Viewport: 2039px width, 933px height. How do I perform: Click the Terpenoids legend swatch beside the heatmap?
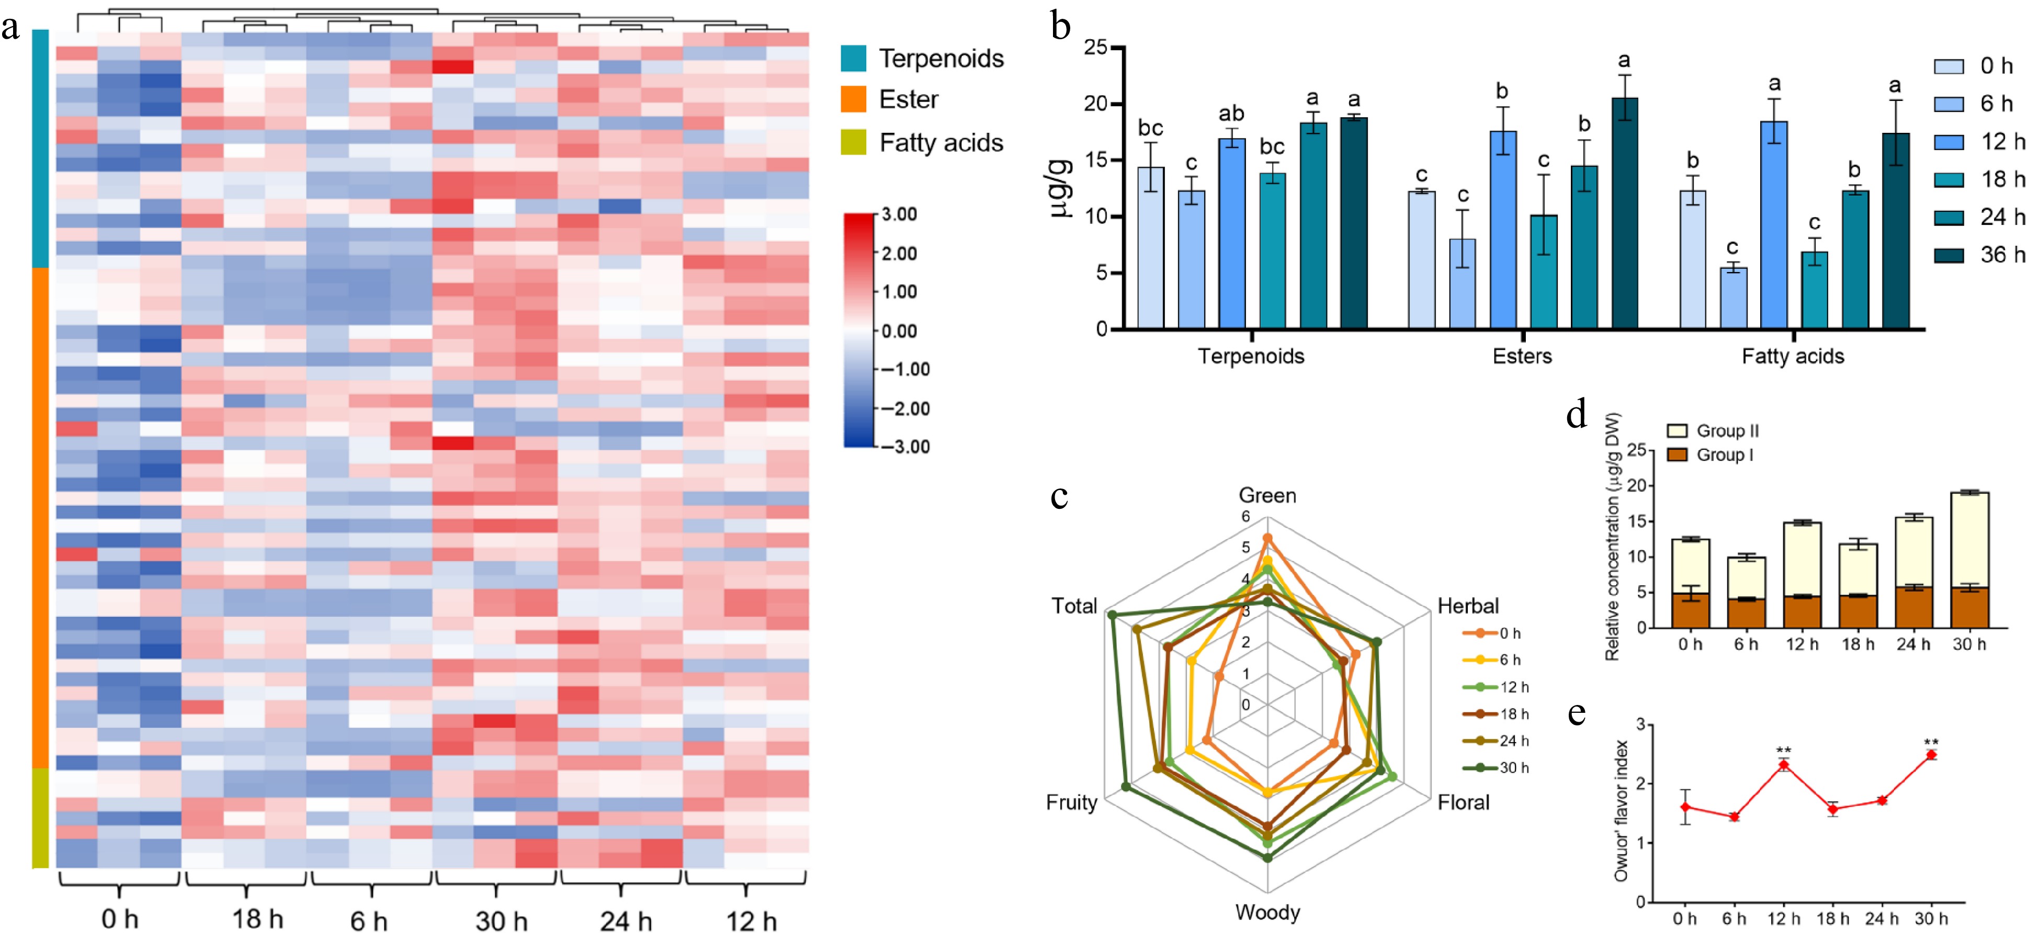[x=853, y=59]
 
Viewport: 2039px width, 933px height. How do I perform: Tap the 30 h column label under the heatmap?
[x=501, y=920]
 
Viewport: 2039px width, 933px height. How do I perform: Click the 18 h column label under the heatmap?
[x=257, y=919]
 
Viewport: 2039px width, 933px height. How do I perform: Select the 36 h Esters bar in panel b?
[x=1624, y=214]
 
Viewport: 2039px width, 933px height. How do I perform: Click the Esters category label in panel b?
[x=1521, y=356]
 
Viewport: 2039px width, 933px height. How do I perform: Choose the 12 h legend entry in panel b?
[x=1979, y=142]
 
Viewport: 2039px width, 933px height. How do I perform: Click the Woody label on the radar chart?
[x=1267, y=913]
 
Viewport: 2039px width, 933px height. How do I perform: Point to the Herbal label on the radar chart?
[x=1467, y=606]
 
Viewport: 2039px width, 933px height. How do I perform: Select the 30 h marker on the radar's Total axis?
[x=1112, y=614]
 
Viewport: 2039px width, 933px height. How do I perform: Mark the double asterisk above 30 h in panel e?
[x=1931, y=742]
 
